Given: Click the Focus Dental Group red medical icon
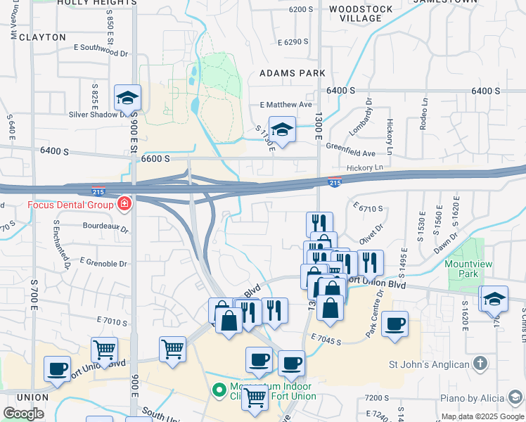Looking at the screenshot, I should (124, 205).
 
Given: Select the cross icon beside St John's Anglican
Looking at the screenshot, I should (480, 364).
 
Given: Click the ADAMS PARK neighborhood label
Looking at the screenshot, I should (292, 73).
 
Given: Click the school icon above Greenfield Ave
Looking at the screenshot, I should (282, 129).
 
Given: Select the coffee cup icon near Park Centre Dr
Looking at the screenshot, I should (395, 324).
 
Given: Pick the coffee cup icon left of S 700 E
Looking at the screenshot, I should (57, 368).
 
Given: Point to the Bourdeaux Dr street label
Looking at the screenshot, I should (105, 228).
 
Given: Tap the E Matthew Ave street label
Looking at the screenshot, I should (286, 105).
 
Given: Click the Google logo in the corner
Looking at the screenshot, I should (23, 414).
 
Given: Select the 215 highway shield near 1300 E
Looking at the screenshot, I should (335, 183).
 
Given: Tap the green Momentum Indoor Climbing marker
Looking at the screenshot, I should (219, 389).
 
